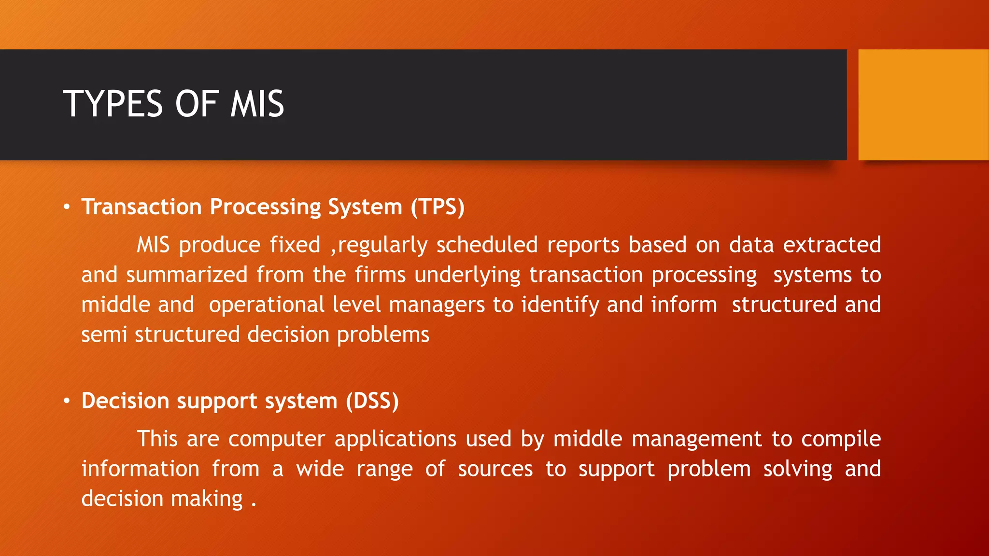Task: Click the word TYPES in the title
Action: (x=113, y=104)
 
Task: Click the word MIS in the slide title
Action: (x=257, y=104)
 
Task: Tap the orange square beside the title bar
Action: (x=923, y=104)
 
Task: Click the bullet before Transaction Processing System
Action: (x=67, y=208)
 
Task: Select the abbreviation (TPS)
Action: (x=438, y=207)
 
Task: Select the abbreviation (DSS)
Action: (x=372, y=401)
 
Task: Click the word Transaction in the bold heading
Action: (x=141, y=207)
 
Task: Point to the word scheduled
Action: (x=487, y=245)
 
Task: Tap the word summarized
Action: (x=187, y=275)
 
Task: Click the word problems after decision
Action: (x=383, y=335)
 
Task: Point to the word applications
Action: (x=395, y=439)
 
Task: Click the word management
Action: (x=696, y=439)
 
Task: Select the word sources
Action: (x=495, y=469)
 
